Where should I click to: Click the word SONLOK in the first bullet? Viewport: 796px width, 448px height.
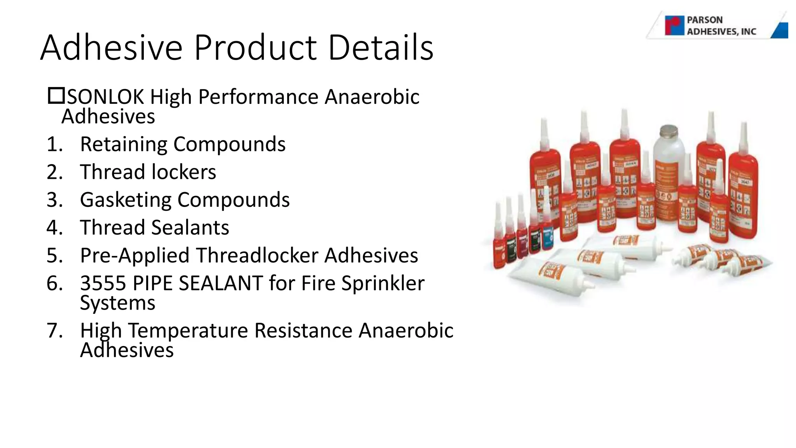click(x=105, y=97)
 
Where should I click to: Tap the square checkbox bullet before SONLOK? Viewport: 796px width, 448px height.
click(x=56, y=96)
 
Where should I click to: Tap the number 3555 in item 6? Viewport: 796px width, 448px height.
click(x=103, y=283)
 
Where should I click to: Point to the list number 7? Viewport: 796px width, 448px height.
click(x=54, y=331)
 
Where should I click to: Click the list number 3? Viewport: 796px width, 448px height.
click(x=54, y=200)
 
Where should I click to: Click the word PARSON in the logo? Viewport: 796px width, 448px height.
click(x=704, y=20)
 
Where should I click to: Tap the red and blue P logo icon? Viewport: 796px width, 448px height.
click(x=674, y=26)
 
